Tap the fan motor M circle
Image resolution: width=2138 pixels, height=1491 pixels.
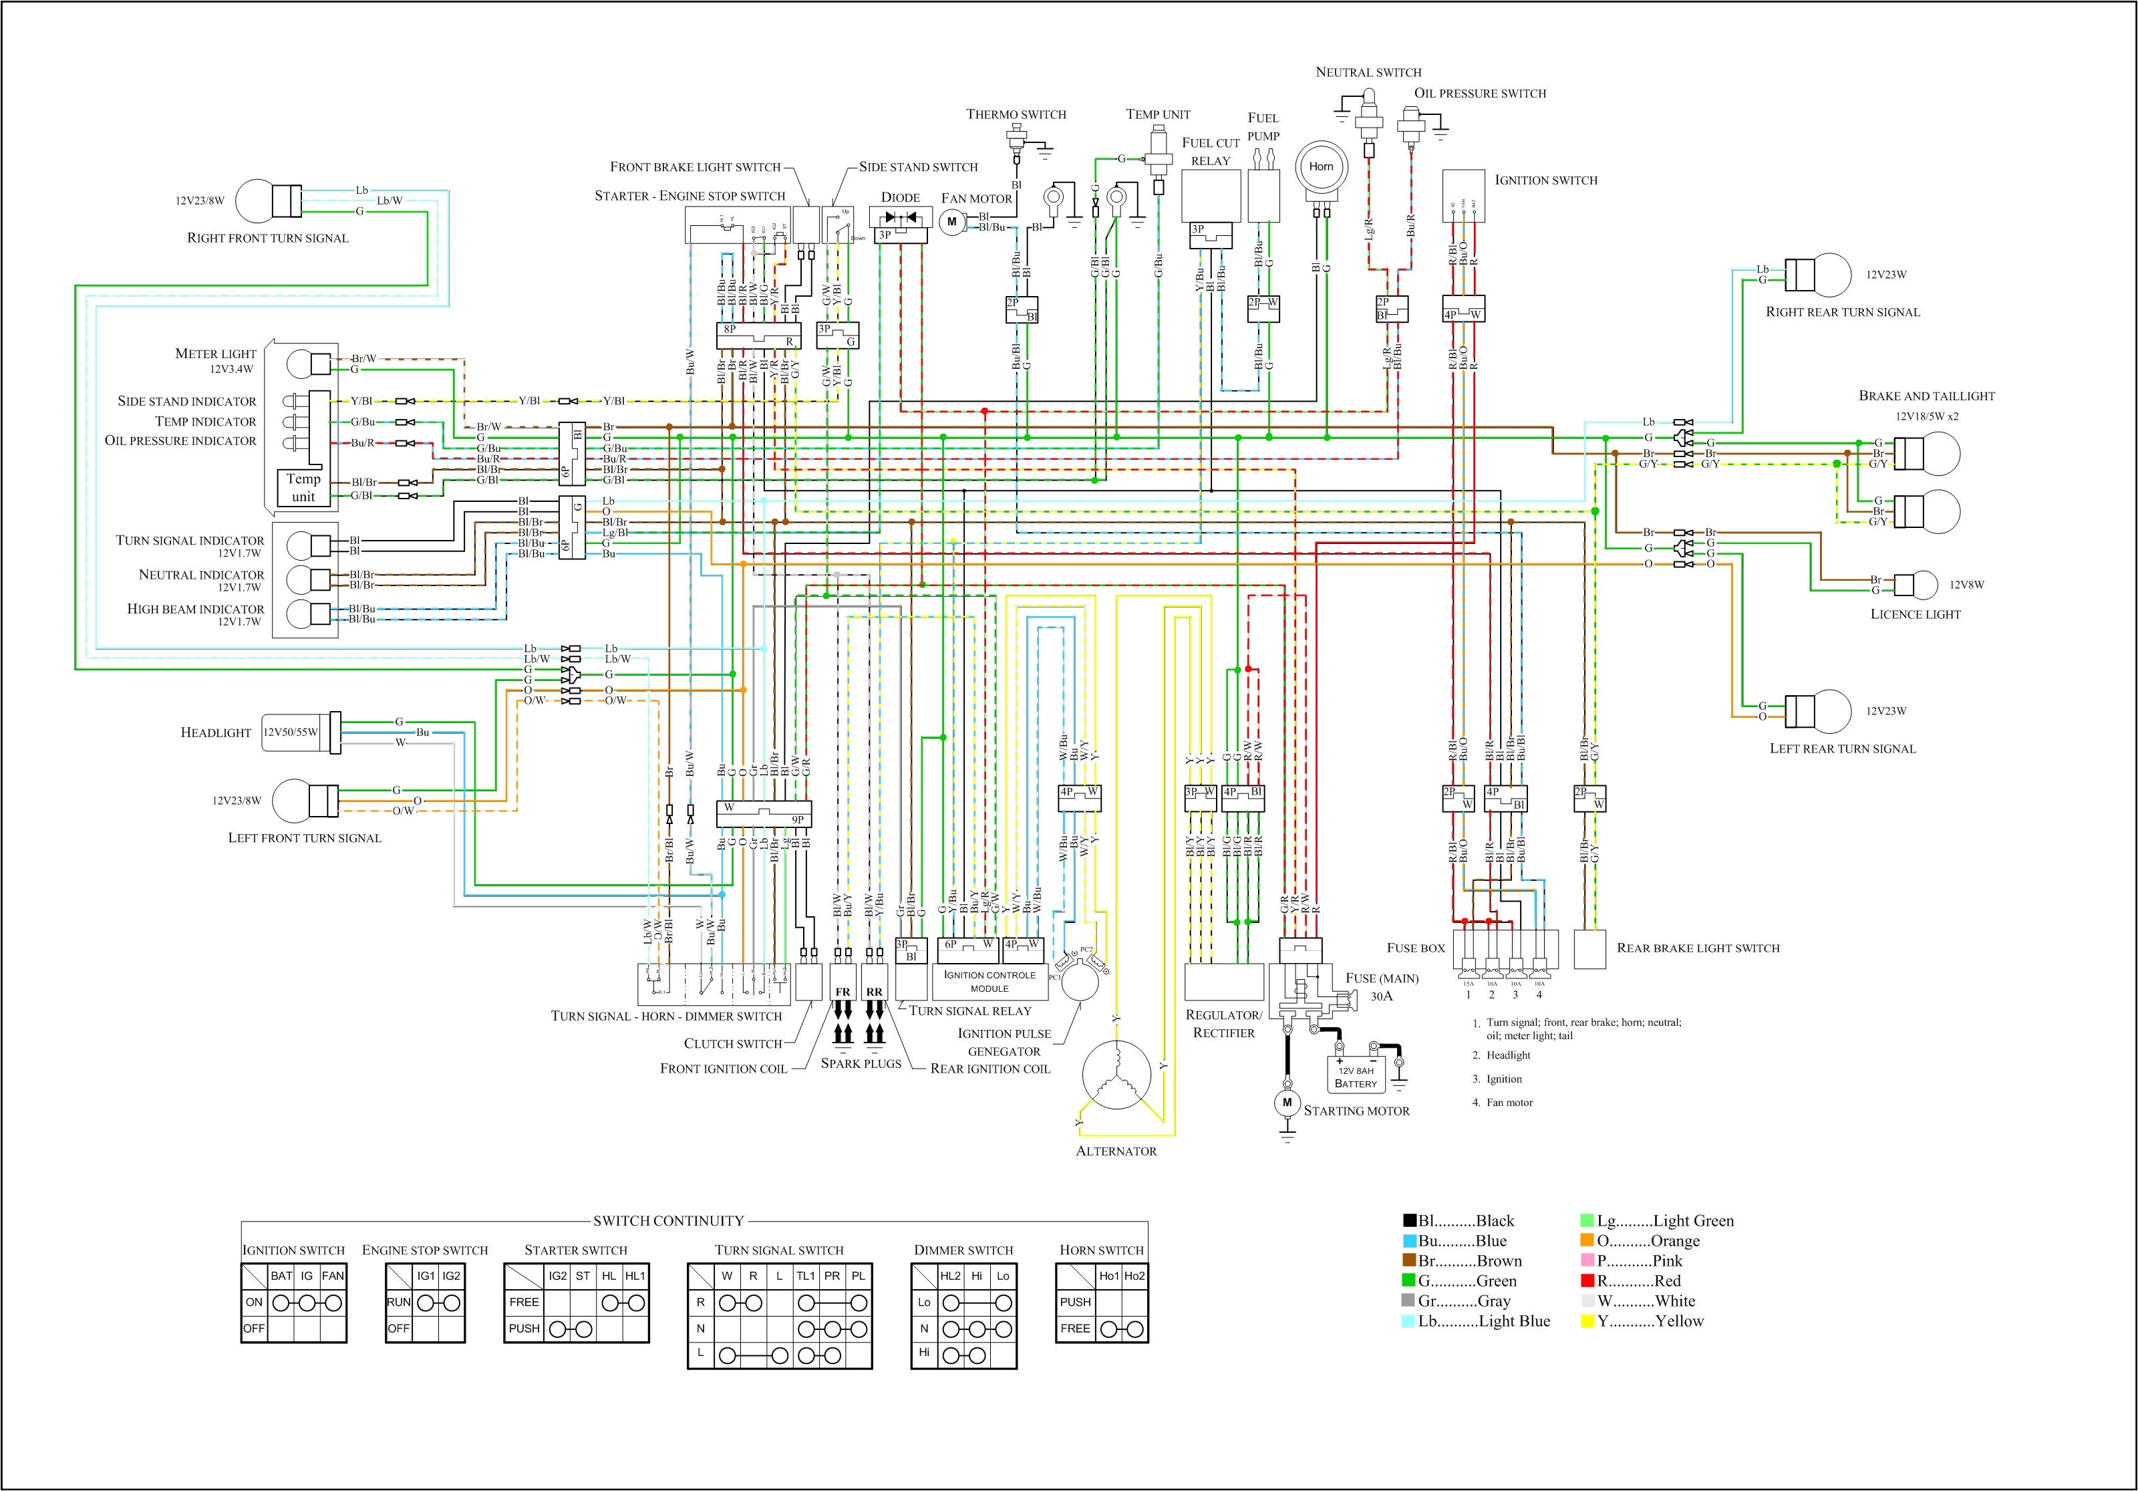[951, 222]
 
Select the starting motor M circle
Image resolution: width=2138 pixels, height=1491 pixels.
[1288, 1103]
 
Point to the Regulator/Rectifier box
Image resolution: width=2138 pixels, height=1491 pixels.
[1223, 982]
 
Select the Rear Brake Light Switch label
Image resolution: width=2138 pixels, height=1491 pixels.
[1698, 948]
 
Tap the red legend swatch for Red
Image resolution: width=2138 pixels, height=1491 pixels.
[1589, 1281]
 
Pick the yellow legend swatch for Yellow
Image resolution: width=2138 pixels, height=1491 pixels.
[1589, 1321]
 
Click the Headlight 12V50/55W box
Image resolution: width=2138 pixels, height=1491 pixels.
[291, 732]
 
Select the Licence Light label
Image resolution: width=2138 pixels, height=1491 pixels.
[1916, 615]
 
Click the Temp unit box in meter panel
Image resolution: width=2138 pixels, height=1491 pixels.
[303, 487]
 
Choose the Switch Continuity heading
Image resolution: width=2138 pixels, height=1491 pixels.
[669, 1221]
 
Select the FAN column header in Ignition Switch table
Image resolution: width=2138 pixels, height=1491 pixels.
[333, 1276]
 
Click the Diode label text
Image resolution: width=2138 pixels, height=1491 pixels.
[901, 197]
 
